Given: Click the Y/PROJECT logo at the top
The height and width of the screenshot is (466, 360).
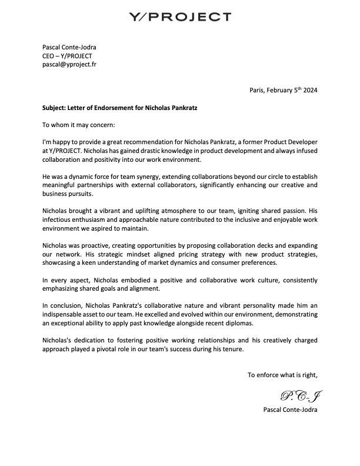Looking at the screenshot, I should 179,16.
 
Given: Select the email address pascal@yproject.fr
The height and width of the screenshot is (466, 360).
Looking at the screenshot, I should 69,64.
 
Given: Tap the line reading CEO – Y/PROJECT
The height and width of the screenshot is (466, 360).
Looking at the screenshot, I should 67,56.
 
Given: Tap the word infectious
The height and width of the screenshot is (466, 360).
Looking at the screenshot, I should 59,219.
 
